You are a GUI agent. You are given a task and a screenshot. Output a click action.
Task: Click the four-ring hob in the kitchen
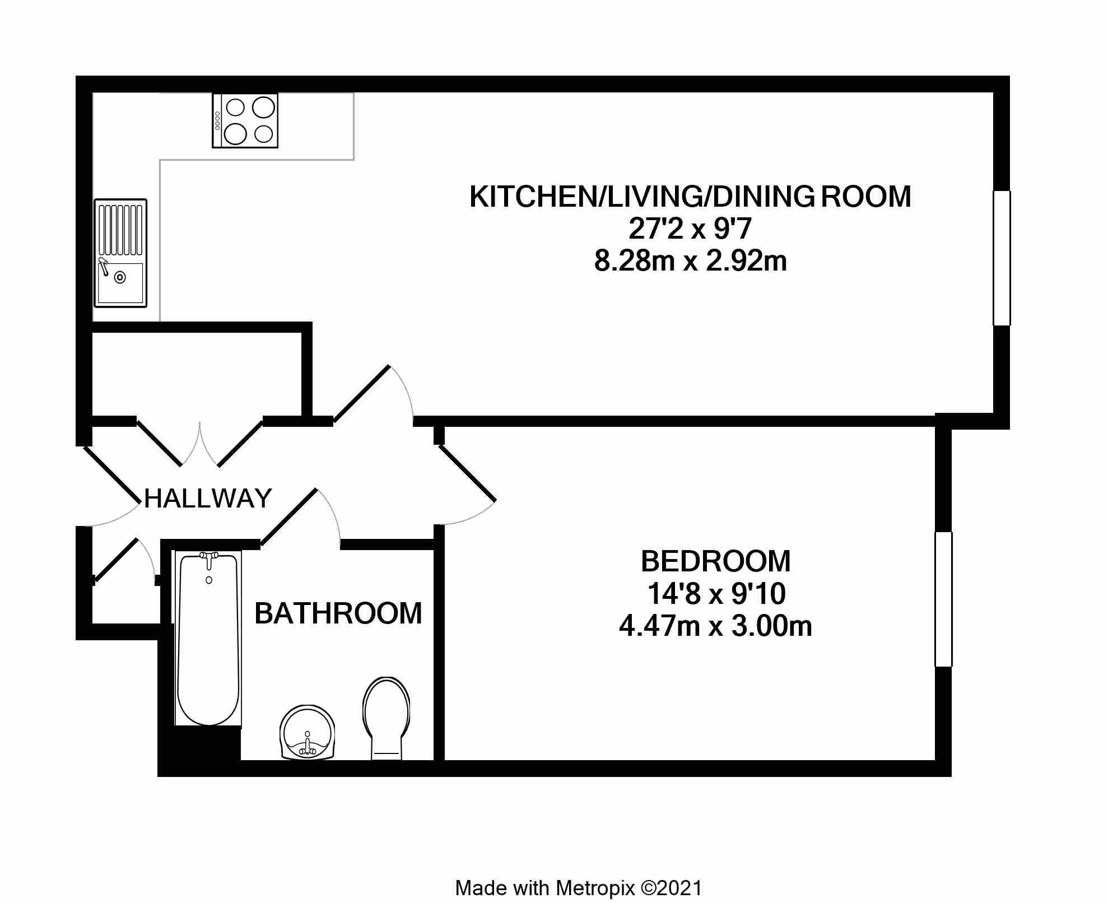tap(245, 120)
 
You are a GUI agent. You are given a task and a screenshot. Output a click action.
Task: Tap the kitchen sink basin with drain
tap(120, 278)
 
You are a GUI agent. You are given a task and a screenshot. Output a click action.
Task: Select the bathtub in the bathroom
tap(208, 638)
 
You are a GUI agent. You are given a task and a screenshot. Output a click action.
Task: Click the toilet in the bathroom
tap(386, 718)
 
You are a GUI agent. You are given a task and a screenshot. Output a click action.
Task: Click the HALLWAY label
tap(208, 498)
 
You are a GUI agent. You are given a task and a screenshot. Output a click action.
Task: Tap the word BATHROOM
tap(338, 613)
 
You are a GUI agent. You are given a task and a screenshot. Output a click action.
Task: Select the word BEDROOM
tap(715, 561)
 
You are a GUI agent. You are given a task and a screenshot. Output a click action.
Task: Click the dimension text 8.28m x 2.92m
tap(690, 262)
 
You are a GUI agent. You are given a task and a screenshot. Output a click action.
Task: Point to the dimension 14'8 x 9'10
tap(715, 594)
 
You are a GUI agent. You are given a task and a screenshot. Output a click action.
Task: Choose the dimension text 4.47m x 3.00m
tap(715, 626)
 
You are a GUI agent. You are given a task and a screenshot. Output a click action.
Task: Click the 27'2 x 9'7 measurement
tap(690, 229)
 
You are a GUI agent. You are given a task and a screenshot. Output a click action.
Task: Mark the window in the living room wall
tap(1001, 258)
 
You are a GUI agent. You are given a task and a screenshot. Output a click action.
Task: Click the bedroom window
tap(943, 599)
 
